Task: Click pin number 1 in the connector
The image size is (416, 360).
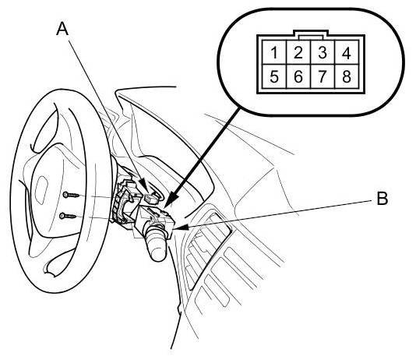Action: [274, 52]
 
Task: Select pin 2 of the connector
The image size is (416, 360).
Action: [298, 52]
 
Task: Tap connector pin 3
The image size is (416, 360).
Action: [323, 52]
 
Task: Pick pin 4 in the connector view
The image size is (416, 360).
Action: [347, 52]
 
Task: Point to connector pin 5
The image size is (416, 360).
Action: [274, 76]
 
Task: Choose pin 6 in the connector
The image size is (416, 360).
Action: [298, 76]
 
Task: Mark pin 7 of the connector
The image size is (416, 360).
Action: [323, 76]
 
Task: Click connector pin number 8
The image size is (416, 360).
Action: [347, 76]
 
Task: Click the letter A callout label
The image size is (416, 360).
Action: [62, 29]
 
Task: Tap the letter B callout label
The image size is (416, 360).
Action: [383, 198]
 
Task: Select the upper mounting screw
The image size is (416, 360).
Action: [71, 196]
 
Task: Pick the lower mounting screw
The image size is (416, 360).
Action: [68, 216]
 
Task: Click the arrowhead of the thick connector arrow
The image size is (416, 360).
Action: [170, 200]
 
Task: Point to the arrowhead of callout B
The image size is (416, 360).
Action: [181, 228]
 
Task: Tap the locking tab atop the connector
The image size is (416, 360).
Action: [311, 35]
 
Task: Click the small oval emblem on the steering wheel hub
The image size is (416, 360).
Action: [41, 190]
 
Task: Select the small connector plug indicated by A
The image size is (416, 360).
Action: [150, 199]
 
